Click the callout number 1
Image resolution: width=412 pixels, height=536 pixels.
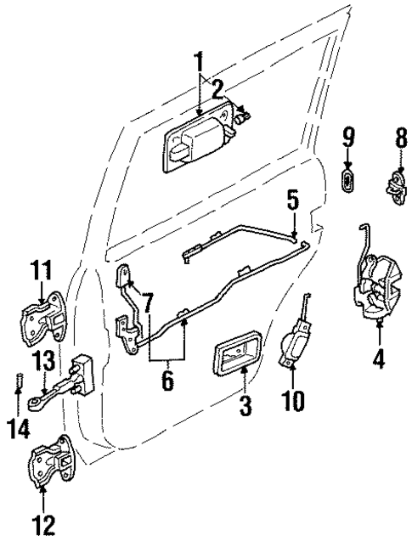point(199,61)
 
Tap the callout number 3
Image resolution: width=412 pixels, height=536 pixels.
point(245,407)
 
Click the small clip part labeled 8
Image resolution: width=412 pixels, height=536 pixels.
point(396,184)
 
